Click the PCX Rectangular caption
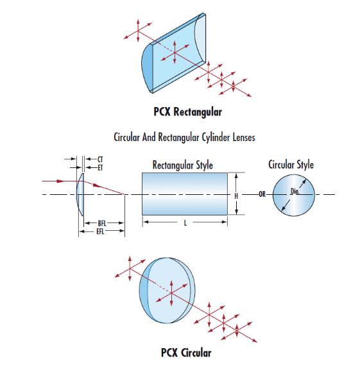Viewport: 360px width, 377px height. [187, 112]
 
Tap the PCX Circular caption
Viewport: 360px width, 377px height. [186, 353]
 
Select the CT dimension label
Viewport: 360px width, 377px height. [100, 159]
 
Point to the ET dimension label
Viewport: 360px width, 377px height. [100, 167]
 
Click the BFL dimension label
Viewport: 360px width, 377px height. [102, 223]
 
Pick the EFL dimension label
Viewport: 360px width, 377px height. [100, 231]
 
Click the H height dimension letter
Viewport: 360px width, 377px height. [236, 196]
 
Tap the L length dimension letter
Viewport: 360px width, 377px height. [185, 223]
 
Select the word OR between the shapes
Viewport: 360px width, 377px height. [262, 194]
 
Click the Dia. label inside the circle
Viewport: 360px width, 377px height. [295, 191]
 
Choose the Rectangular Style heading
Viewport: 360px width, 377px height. [183, 165]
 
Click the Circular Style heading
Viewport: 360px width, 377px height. [291, 165]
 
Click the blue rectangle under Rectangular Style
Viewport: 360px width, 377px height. [185, 194]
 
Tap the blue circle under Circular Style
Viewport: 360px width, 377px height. [294, 195]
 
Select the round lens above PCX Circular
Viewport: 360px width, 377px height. [167, 290]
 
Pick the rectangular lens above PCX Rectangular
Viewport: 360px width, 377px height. [173, 53]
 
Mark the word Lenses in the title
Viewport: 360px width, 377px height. [244, 137]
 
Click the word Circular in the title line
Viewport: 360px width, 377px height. [126, 137]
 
